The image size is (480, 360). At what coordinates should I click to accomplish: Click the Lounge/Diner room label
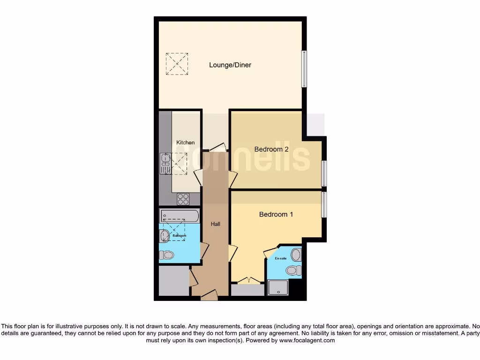230,65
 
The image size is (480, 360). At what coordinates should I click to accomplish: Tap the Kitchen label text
185,142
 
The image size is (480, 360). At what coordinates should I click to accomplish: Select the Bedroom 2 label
271,150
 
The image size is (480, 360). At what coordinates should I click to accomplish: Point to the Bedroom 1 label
276,214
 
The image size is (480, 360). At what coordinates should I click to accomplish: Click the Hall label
216,224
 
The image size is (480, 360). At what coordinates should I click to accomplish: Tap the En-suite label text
280,258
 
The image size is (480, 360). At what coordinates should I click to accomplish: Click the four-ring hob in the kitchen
183,199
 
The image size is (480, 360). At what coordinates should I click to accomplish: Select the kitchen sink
165,163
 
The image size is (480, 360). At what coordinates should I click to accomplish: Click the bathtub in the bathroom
180,216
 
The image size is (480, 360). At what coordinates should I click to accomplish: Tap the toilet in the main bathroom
166,255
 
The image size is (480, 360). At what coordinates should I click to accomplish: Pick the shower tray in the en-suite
278,288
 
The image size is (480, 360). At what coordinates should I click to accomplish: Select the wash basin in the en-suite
296,255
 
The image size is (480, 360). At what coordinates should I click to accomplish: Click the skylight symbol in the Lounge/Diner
177,64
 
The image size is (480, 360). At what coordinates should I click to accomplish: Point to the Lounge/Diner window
304,68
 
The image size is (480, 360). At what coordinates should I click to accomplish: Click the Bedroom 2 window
323,173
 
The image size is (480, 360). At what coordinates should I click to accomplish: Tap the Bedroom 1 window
323,204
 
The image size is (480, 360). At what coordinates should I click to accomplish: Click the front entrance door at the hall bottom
210,295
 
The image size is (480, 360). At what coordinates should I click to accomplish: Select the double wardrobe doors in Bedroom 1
248,281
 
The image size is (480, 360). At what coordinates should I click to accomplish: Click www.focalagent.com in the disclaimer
307,341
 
